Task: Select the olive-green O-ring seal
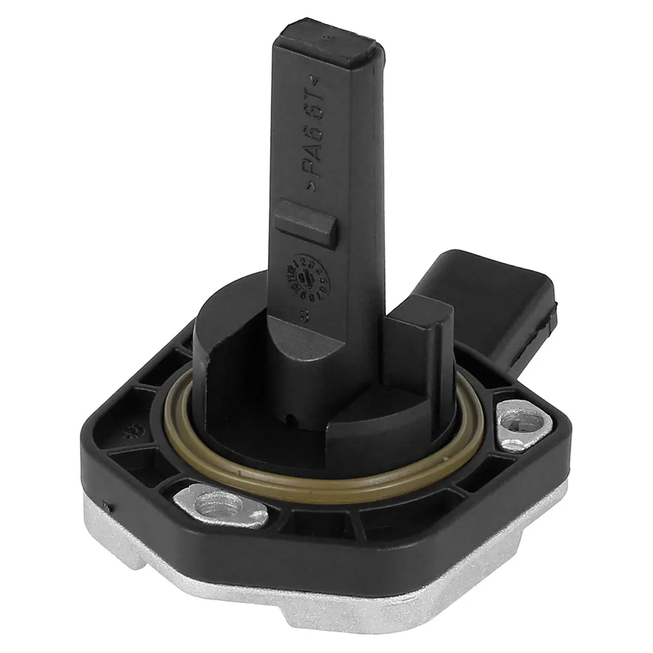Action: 326,480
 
